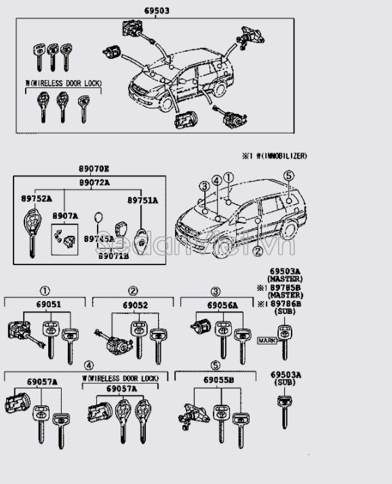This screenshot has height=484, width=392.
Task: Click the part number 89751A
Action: (142, 201)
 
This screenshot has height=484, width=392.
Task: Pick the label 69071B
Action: (113, 256)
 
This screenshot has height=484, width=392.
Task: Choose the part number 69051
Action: (48, 305)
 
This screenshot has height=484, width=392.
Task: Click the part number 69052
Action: (135, 305)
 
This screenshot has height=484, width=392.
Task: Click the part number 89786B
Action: (288, 304)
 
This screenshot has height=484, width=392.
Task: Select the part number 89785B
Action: (288, 287)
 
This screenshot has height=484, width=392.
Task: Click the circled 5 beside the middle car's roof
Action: (288, 175)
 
